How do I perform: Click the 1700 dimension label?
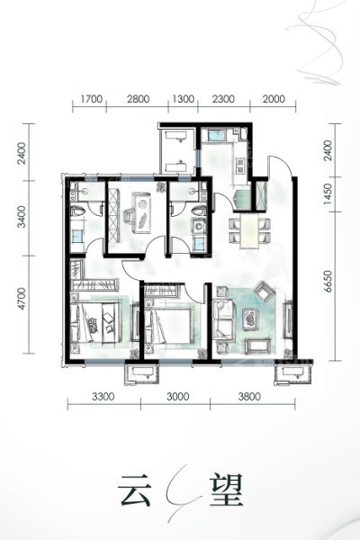[91, 99]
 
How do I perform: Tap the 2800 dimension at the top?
[138, 99]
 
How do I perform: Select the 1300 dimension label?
[183, 99]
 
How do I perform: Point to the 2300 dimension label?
[223, 99]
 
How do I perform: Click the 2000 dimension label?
[274, 99]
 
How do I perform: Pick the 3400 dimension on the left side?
[22, 217]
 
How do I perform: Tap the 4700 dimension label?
[22, 298]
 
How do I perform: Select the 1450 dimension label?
[328, 193]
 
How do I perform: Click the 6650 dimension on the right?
[328, 282]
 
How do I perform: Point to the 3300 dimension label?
[103, 397]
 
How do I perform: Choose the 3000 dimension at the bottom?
[177, 397]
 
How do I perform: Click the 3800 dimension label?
[249, 397]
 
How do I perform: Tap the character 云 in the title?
[134, 490]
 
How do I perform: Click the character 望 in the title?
[226, 490]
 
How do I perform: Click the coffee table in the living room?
[250, 319]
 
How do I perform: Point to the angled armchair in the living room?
[265, 292]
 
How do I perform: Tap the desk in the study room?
[142, 212]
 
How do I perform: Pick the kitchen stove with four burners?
[239, 165]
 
